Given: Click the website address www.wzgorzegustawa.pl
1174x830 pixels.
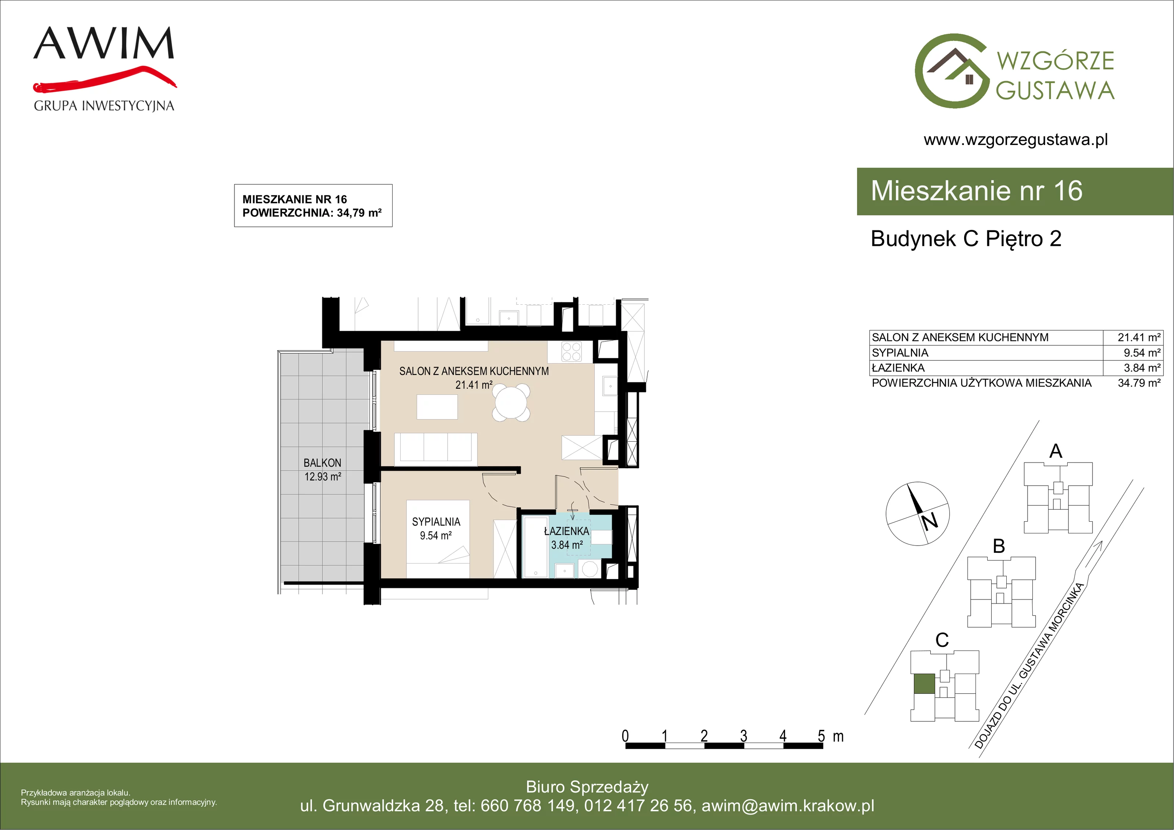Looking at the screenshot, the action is [1016, 140].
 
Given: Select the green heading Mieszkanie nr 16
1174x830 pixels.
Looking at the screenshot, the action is [977, 191].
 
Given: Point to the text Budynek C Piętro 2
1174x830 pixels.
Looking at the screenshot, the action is [966, 239].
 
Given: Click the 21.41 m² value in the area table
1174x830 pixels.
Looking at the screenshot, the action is [1139, 337].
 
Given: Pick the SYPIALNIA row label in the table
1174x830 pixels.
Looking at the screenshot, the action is [900, 352].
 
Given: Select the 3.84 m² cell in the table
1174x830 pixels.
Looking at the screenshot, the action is [1142, 367].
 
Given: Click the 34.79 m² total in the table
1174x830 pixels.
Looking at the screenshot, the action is [1139, 383].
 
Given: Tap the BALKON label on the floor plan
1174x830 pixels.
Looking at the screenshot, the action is [322, 463].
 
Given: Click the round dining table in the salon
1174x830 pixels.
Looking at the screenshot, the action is [511, 403].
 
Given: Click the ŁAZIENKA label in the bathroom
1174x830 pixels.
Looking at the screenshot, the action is [566, 532].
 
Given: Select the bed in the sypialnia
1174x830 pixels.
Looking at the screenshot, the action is [438, 539].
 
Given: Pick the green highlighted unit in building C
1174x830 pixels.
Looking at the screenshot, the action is [924, 684].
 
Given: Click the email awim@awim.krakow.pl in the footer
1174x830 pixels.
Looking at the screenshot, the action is [787, 806].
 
